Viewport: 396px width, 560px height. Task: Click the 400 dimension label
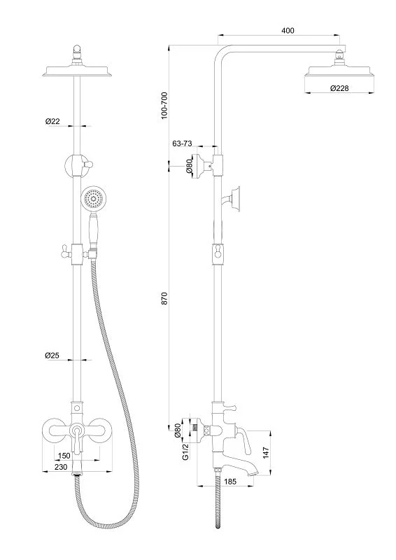click(x=288, y=30)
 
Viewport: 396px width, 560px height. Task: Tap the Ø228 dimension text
click(x=339, y=88)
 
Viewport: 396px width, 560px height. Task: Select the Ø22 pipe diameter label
click(x=52, y=121)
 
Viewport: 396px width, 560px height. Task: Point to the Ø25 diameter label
click(x=52, y=355)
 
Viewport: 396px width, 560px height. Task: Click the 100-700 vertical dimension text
click(x=164, y=106)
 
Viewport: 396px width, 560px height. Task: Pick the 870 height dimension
click(x=164, y=298)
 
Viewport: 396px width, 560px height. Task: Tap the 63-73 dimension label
click(x=182, y=143)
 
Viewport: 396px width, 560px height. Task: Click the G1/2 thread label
click(x=185, y=452)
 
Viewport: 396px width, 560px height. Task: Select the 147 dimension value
click(x=266, y=452)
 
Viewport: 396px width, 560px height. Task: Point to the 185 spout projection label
click(x=230, y=482)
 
